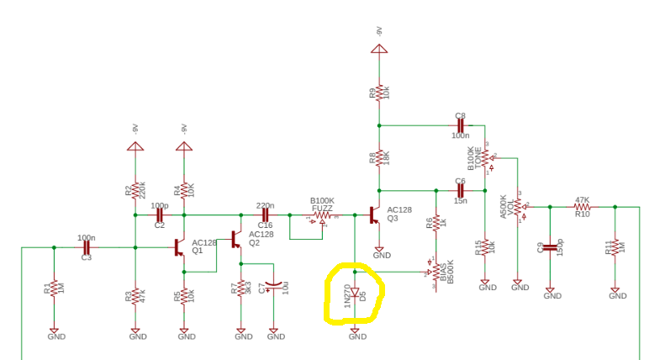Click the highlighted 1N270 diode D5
click(355, 294)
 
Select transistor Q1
click(179, 247)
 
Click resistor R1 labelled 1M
click(53, 288)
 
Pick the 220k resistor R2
click(135, 192)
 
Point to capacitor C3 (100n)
click(86, 247)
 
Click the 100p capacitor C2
click(159, 214)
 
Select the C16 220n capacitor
click(264, 214)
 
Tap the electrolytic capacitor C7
click(272, 287)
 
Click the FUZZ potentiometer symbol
click(322, 216)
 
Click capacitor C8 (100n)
click(460, 125)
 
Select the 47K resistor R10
click(582, 207)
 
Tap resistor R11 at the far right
click(616, 247)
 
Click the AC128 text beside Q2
click(259, 234)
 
